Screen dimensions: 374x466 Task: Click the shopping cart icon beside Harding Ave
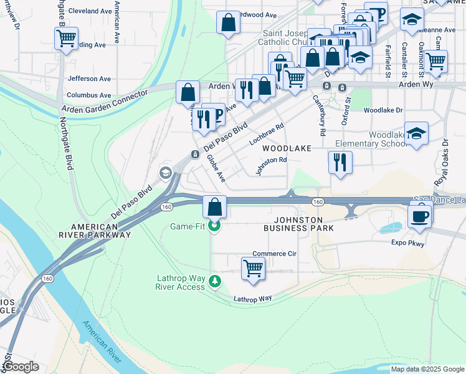pyautogui.click(x=66, y=39)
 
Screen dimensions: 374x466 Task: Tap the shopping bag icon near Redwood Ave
pyautogui.click(x=229, y=23)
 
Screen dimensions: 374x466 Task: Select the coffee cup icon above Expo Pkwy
pyautogui.click(x=420, y=216)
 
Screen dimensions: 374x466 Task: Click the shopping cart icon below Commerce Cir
pyautogui.click(x=253, y=268)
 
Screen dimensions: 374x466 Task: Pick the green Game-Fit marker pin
pyautogui.click(x=215, y=226)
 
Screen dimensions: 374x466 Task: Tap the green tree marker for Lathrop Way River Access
pyautogui.click(x=215, y=282)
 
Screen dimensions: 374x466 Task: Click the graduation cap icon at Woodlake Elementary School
pyautogui.click(x=416, y=133)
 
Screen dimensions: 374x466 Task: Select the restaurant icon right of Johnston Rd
pyautogui.click(x=340, y=162)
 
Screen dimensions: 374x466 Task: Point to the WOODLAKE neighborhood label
pyautogui.click(x=286, y=148)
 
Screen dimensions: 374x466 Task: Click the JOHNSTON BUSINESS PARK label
pyautogui.click(x=298, y=224)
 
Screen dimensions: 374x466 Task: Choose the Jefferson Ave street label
pyautogui.click(x=89, y=79)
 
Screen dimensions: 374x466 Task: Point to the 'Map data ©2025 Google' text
pyautogui.click(x=427, y=369)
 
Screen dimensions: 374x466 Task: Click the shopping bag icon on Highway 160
pyautogui.click(x=214, y=206)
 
